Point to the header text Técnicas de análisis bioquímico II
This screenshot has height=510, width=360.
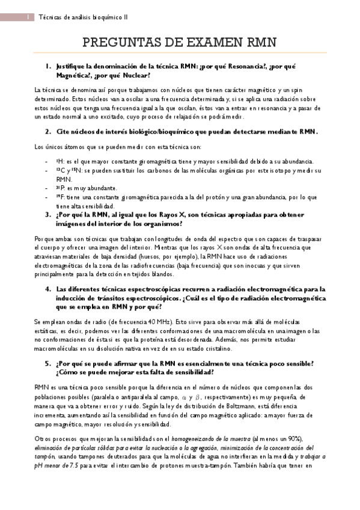84,17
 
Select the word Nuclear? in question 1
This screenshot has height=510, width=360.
131,76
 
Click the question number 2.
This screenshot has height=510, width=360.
48,132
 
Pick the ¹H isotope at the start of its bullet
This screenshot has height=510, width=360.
58,161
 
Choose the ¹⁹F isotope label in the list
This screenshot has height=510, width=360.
59,197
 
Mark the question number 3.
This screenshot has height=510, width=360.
48,215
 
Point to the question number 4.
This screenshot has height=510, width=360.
48,289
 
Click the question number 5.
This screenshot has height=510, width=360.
48,363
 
